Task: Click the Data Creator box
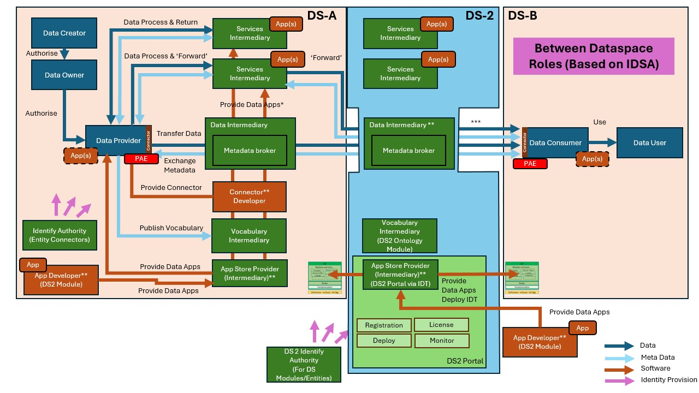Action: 64,33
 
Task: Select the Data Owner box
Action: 64,75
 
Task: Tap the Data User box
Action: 649,143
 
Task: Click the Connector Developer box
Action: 249,196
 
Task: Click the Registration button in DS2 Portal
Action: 384,325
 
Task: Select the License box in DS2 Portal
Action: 441,325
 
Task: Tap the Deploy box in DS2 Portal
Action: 384,341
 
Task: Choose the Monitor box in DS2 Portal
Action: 442,341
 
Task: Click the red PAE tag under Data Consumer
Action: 529,163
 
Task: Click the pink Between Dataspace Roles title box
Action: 594,56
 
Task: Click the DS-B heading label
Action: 522,16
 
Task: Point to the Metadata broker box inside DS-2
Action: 408,151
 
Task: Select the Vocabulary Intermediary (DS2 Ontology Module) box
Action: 400,236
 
